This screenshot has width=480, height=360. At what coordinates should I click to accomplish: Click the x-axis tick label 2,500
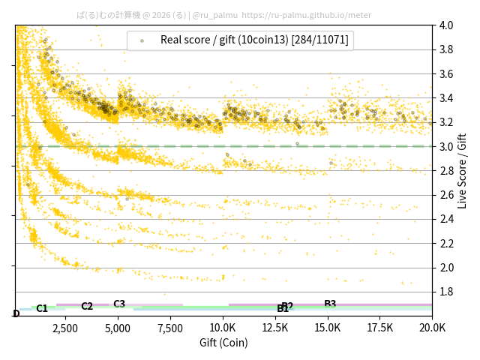[x=65, y=328]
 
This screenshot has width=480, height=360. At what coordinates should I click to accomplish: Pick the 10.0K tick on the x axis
[x=223, y=328]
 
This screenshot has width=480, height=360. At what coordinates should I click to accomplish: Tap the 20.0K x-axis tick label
[x=432, y=328]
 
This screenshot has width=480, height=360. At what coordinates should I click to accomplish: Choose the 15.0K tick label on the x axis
[x=328, y=328]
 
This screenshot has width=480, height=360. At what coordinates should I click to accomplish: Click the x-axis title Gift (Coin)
[x=223, y=343]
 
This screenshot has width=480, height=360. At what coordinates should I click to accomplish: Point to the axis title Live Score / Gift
[x=462, y=170]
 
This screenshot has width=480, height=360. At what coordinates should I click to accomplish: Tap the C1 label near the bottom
[x=42, y=308]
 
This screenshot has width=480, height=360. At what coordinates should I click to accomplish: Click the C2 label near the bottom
[x=87, y=306]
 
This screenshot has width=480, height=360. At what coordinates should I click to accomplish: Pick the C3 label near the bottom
[x=119, y=304]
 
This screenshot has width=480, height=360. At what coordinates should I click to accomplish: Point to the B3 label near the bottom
[x=330, y=304]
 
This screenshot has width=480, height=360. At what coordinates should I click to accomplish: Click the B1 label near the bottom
[x=283, y=309]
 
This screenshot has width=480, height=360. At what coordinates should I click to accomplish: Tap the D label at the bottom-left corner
[x=16, y=313]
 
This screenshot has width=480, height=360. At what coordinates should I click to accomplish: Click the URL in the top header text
[x=307, y=14]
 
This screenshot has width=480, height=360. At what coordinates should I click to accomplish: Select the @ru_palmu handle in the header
[x=215, y=14]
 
